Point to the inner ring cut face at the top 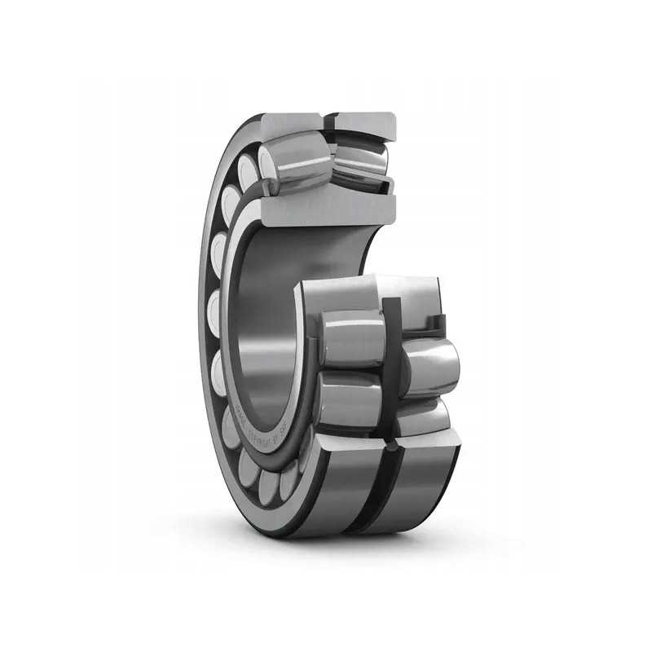[326, 209]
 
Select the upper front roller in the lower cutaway [352, 337]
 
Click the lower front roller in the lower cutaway [349, 399]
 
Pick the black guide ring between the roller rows [390, 367]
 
